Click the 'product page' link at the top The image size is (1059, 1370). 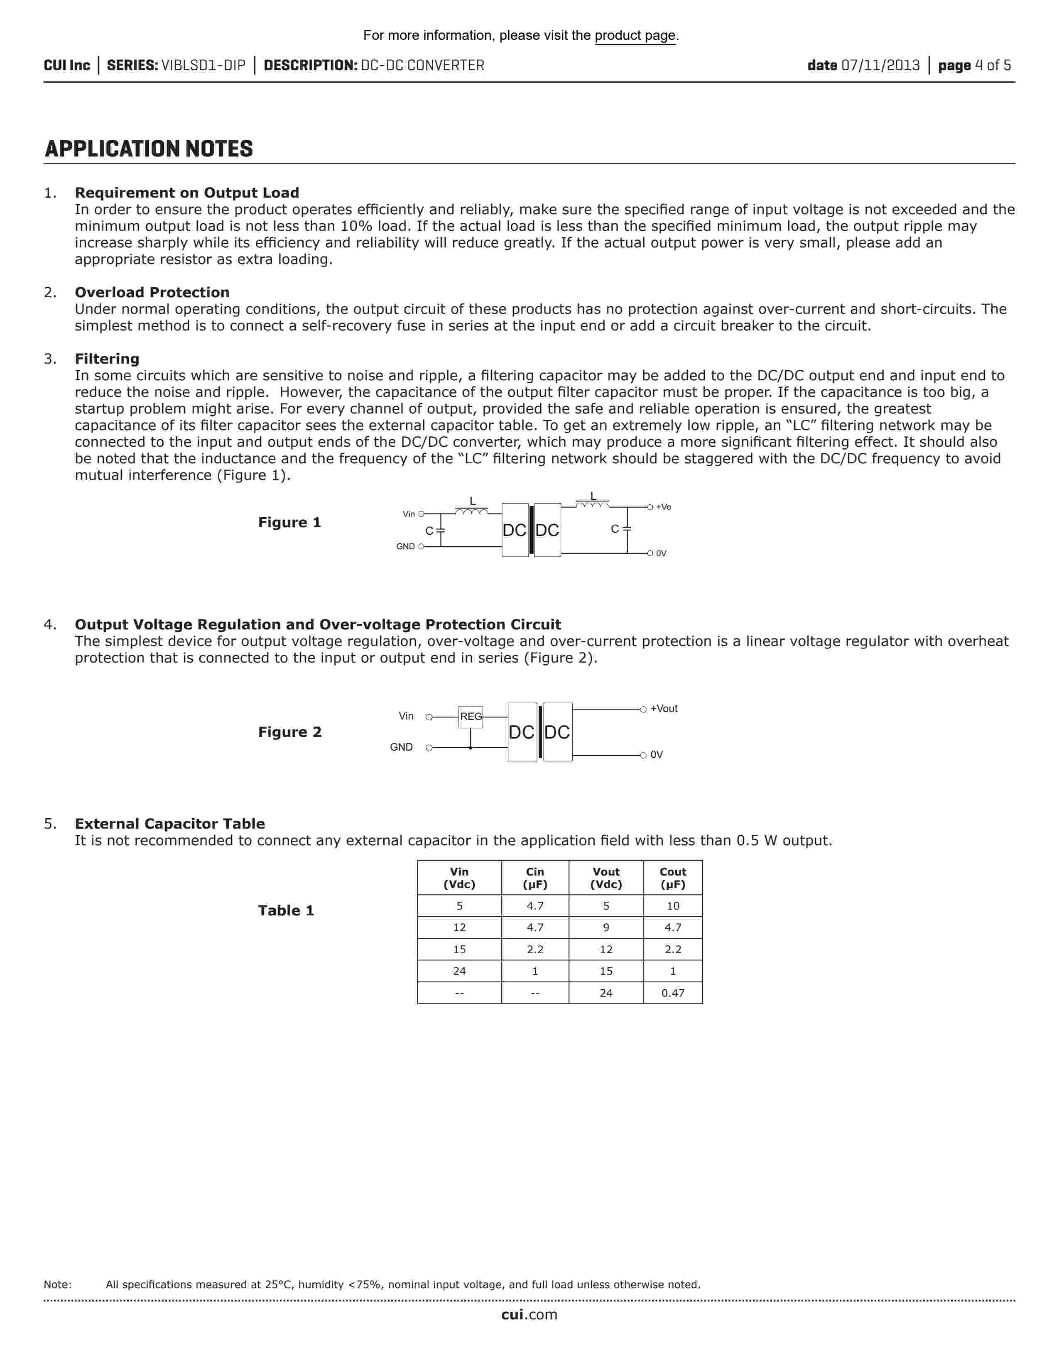tap(635, 36)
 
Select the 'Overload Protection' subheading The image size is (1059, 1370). tap(152, 292)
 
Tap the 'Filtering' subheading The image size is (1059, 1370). tap(107, 359)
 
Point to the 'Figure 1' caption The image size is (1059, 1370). tap(289, 523)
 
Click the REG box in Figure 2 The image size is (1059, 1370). tap(471, 717)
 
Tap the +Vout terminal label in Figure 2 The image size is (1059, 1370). tap(664, 709)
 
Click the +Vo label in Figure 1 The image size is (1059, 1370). tap(663, 507)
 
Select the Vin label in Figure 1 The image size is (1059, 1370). tap(408, 514)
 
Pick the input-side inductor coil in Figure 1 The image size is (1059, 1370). tap(472, 512)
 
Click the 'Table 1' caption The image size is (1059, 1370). tap(285, 911)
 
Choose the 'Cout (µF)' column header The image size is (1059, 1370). tap(672, 878)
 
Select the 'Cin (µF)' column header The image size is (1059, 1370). tap(534, 878)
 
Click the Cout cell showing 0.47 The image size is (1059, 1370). tap(672, 993)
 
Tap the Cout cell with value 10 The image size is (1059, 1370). tap(672, 906)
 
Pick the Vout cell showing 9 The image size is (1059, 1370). tap(605, 928)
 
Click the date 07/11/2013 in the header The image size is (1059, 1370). tap(880, 65)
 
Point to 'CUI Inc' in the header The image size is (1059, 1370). tap(66, 65)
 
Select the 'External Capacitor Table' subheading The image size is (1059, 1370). tap(169, 824)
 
